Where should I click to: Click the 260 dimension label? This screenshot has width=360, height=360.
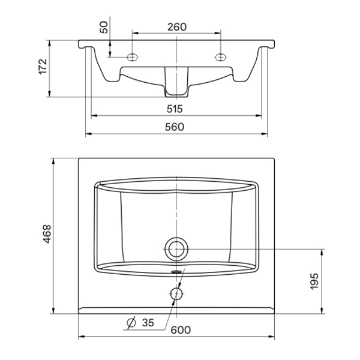coord(177,27)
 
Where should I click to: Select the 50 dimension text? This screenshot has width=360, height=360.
coord(104,28)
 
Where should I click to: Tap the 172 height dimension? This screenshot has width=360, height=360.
coord(43,67)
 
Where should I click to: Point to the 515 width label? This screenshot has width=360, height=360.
coord(175,109)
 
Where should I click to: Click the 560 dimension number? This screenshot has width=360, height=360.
coord(175,127)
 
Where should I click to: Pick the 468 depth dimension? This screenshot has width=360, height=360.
coord(47,234)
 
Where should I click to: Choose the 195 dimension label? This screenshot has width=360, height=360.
coord(314,281)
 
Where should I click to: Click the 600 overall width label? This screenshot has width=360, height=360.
coord(181,330)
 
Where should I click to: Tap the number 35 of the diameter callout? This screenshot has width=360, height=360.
coord(148,323)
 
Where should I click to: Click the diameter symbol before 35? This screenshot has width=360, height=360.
coord(131,323)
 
